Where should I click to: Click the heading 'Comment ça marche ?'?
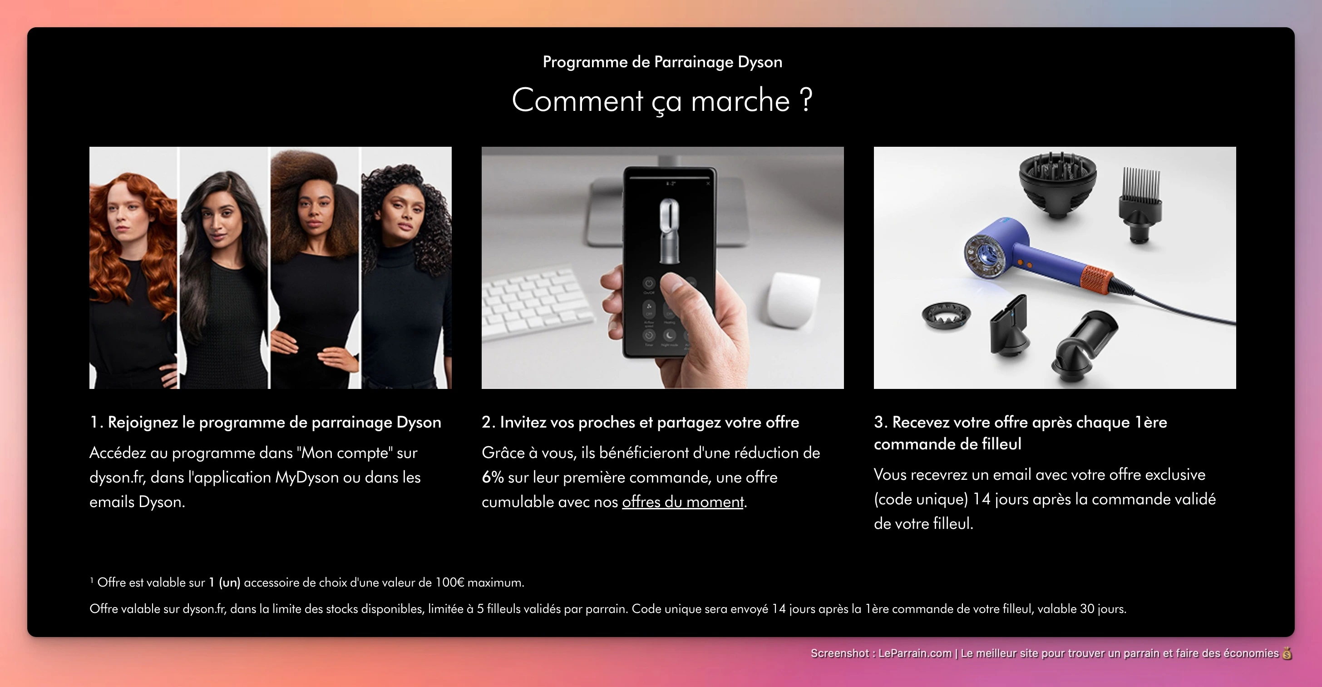tap(662, 100)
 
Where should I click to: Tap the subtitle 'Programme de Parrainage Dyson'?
tap(662, 62)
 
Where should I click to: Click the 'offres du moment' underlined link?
tap(682, 502)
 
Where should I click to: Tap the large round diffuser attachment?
tap(1057, 185)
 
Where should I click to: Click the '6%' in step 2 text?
tap(492, 478)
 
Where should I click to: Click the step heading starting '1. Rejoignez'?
tap(265, 422)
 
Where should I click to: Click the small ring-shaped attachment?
tap(946, 314)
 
